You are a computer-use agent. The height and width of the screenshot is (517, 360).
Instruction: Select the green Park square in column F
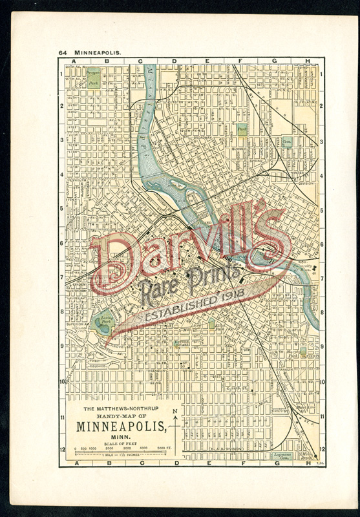click(242, 130)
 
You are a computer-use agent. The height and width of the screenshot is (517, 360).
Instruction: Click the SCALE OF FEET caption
click(120, 442)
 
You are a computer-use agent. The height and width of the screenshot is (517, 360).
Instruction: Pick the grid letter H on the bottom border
click(308, 463)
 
